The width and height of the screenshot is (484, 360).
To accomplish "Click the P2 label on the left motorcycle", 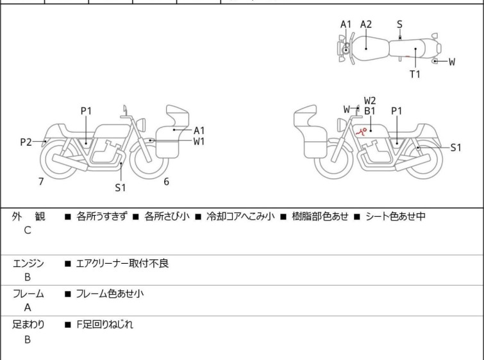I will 26,142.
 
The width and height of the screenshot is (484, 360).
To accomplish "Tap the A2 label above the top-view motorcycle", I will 366,24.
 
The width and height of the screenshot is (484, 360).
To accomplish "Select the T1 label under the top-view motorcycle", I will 415,74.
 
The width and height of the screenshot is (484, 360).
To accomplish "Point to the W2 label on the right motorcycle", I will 370,100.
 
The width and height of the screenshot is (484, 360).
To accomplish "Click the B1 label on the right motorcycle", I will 369,111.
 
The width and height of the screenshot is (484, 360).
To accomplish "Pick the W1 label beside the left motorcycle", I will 199,141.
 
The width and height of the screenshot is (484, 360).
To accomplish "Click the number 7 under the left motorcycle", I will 41,182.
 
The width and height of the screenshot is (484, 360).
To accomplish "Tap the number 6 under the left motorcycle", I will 166,182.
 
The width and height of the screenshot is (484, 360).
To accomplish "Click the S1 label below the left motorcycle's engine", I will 121,188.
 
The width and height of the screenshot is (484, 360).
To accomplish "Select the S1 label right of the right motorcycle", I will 456,147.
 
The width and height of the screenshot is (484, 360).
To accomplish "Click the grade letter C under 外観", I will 28,230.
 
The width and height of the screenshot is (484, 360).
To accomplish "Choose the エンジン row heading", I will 28,263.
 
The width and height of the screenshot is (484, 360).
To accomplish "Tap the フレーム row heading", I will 28,294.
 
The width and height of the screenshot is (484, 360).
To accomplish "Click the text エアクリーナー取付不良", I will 122,263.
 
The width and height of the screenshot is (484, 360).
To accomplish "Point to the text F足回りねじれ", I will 104,325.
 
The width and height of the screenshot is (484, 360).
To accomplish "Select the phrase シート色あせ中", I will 395,216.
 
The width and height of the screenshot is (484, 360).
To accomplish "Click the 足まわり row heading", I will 28,325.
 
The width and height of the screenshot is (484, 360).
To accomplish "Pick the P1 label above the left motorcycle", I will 86,111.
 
